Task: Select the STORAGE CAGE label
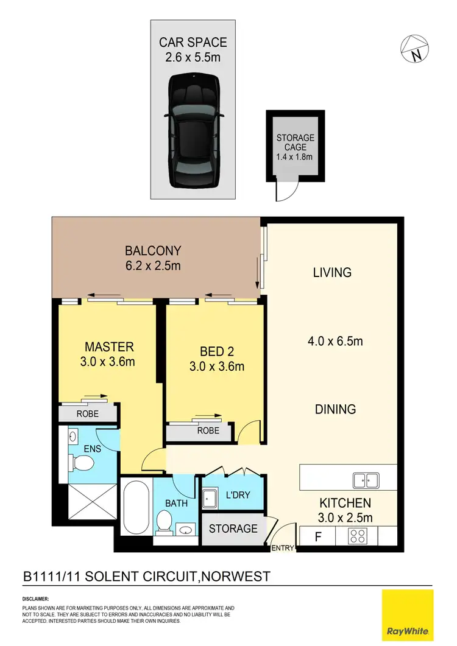[296, 147]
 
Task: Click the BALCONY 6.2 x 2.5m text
[152, 258]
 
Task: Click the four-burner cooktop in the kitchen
[359, 536]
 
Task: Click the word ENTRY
[283, 549]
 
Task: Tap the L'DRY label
[238, 495]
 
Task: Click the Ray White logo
[406, 614]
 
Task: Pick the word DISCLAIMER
[35, 599]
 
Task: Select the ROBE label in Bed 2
[208, 430]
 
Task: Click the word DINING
[335, 409]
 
